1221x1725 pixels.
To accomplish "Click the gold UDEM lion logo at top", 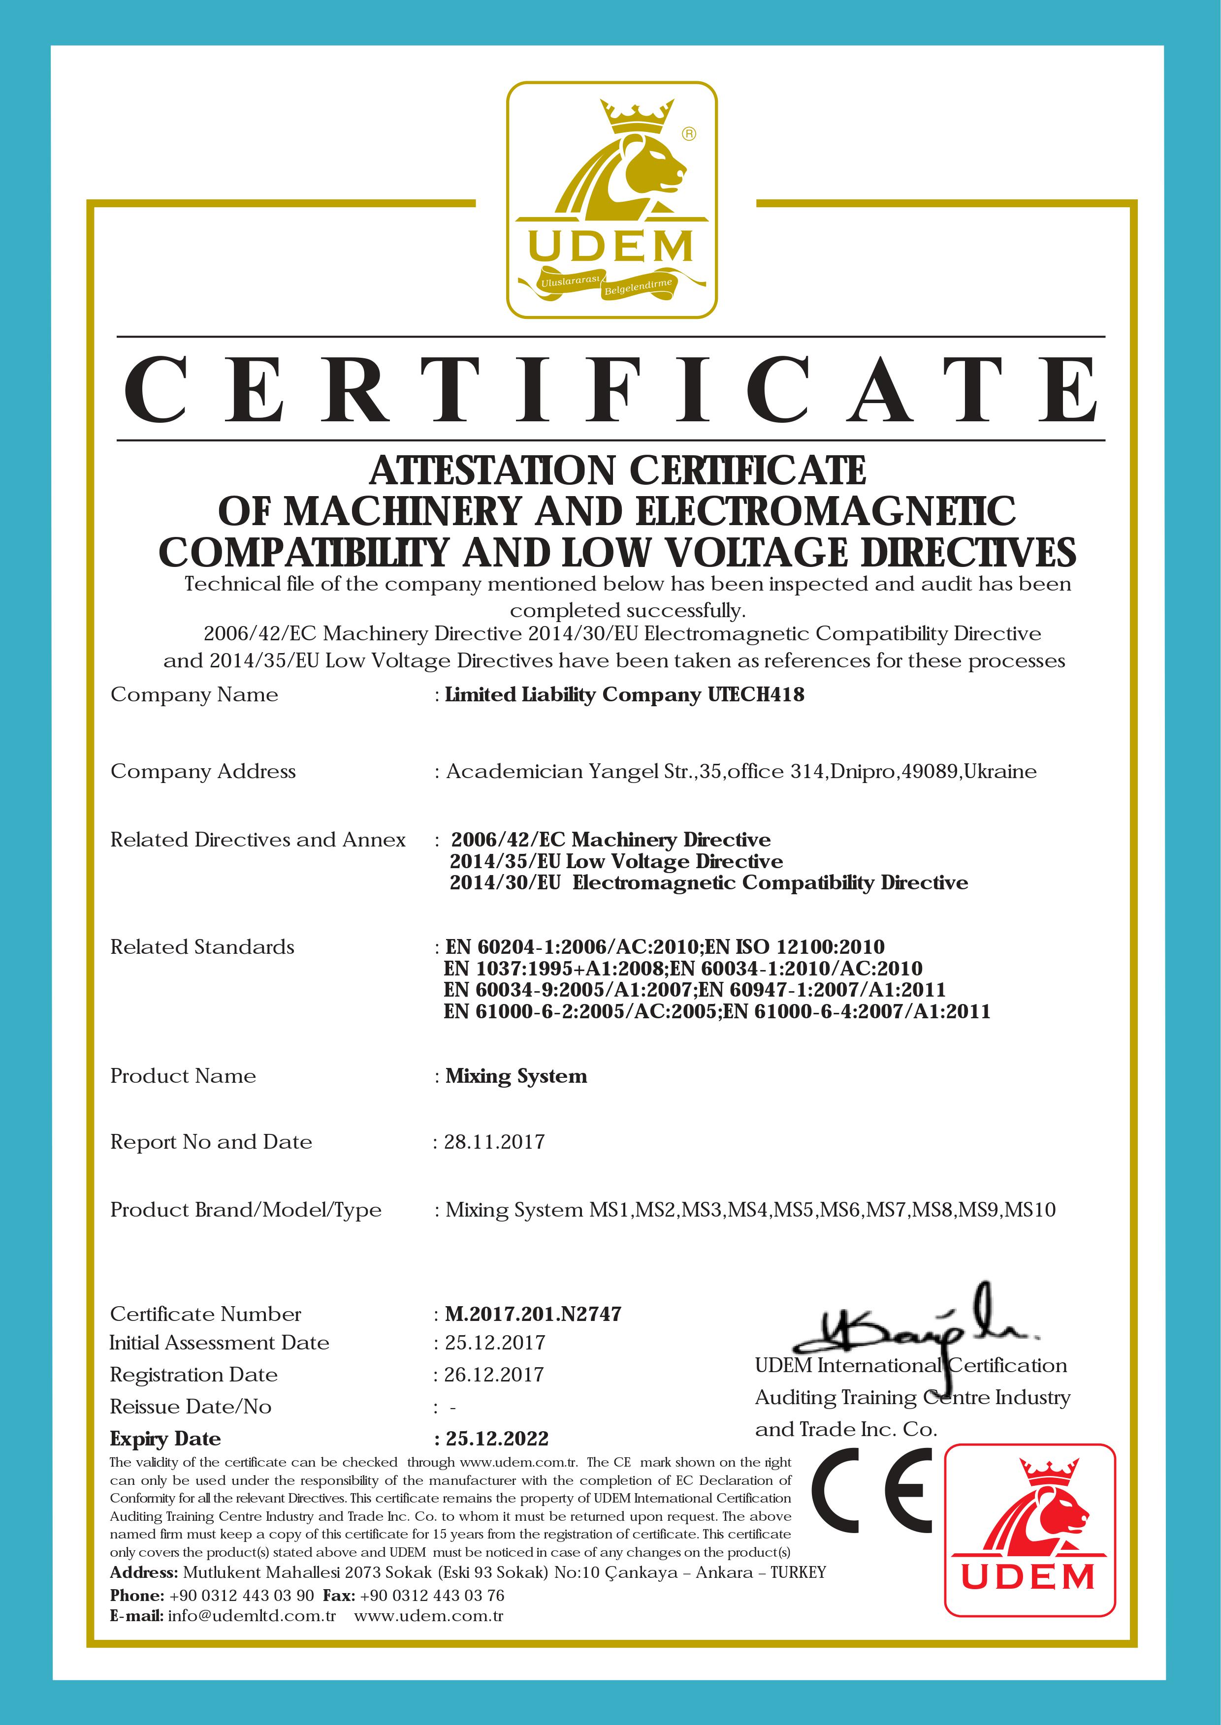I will [x=611, y=200].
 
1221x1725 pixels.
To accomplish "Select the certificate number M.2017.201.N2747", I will [x=533, y=1314].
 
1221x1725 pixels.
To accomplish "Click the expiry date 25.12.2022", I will [x=497, y=1439].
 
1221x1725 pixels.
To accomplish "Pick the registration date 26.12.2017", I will [x=493, y=1375].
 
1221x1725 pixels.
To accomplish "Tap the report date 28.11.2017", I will [x=494, y=1142].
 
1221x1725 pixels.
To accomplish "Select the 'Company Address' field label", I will [x=203, y=771].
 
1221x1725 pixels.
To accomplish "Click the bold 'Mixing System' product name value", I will [x=516, y=1076].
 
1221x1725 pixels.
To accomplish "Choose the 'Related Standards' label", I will [x=202, y=947].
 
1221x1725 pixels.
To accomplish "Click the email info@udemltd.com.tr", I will [x=251, y=1616].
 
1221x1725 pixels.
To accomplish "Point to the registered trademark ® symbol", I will [x=689, y=134].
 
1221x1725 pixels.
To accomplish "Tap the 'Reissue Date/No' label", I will [x=191, y=1407].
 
